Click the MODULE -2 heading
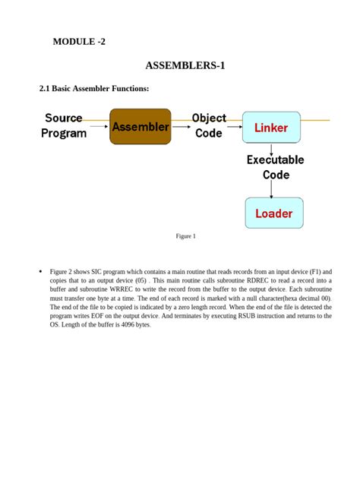tap(79, 41)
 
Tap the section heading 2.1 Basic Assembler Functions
tap(94, 89)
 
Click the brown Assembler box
tap(141, 127)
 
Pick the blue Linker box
tap(270, 128)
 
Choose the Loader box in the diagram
tap(273, 213)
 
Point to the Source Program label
tap(64, 125)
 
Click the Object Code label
tap(209, 125)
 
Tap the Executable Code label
tap(275, 167)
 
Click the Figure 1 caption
tap(185, 236)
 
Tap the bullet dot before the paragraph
tap(39, 271)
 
